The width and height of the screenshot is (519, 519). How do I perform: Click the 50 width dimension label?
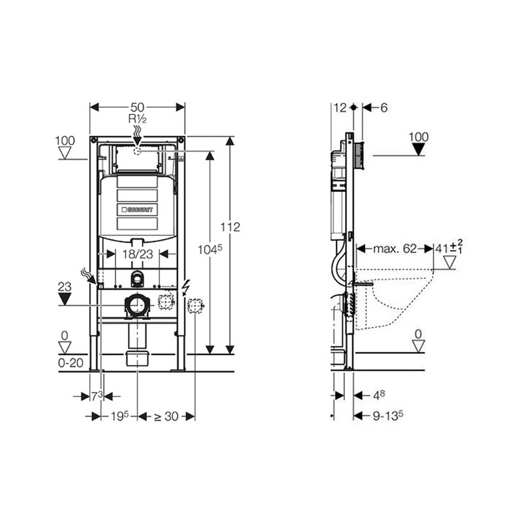(x=138, y=108)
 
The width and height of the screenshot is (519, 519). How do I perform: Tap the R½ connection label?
(x=138, y=119)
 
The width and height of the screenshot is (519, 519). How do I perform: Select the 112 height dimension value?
(x=230, y=227)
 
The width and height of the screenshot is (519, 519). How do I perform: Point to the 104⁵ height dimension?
(x=210, y=249)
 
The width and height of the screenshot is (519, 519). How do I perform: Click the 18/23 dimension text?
(x=138, y=254)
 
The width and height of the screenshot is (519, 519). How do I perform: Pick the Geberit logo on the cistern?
(x=138, y=209)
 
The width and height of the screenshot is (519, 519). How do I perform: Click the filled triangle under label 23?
(x=64, y=300)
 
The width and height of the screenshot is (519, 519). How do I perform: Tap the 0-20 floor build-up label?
(x=71, y=363)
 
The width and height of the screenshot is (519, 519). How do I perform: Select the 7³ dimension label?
(x=97, y=396)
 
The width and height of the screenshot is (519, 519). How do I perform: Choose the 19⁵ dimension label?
(x=119, y=416)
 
